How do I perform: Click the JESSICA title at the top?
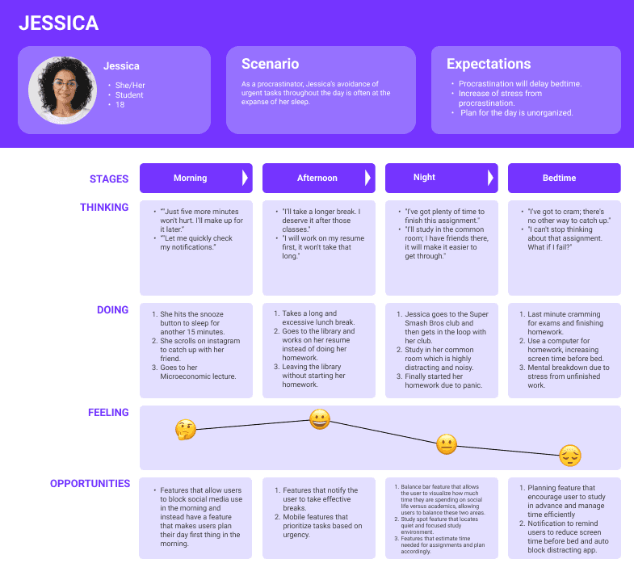(58, 23)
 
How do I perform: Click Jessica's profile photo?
(63, 90)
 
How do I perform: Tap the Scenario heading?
(270, 64)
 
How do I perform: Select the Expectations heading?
(488, 64)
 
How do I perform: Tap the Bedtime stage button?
(564, 178)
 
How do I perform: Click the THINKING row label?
(104, 208)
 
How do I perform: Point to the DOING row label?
(112, 309)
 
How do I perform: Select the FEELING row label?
(108, 413)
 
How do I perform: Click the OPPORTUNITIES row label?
(90, 484)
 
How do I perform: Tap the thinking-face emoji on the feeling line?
(186, 430)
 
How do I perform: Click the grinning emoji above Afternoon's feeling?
(320, 419)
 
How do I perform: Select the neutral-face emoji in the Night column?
(446, 444)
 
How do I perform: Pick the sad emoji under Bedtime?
(570, 456)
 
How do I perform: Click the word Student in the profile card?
(129, 95)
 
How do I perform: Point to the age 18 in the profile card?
(120, 105)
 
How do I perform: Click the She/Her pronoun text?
(130, 86)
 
